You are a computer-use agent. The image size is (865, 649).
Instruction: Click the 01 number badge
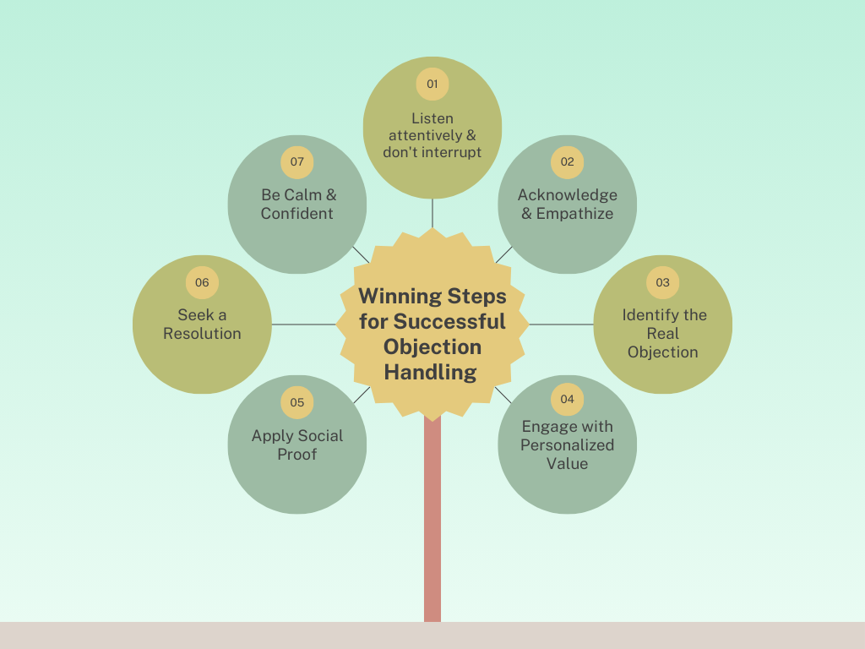(432, 84)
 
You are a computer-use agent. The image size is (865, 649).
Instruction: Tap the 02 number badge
(567, 162)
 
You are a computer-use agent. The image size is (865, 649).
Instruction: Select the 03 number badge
(662, 282)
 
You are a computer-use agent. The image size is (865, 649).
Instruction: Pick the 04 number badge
(567, 399)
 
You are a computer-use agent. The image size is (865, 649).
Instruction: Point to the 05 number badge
(297, 402)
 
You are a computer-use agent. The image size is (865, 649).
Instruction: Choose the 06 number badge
(202, 282)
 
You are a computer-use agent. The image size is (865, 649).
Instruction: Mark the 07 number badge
(297, 162)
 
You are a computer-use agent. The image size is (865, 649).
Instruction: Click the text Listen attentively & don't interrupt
(432, 135)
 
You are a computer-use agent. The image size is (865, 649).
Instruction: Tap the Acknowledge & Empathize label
(567, 204)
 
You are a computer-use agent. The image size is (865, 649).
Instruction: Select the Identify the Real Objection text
(663, 333)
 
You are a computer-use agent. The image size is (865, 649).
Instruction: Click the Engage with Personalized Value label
(567, 444)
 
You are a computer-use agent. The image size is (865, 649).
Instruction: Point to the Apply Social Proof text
(297, 444)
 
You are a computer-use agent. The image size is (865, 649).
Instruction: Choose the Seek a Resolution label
(202, 324)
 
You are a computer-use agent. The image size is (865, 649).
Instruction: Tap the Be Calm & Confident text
(297, 204)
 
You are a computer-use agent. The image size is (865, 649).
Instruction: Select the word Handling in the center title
(431, 372)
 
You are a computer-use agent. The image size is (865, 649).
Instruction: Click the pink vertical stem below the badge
(432, 524)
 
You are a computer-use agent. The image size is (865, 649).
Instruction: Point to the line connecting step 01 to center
(432, 213)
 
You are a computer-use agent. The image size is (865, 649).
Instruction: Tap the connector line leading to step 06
(304, 324)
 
